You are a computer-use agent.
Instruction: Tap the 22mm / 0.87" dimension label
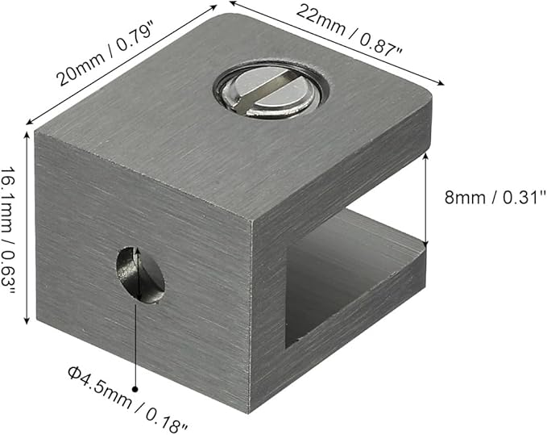349,30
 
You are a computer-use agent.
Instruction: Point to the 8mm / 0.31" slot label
495,198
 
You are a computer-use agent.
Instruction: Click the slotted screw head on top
271,90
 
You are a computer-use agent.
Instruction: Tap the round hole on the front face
140,274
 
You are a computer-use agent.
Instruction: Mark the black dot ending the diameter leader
135,389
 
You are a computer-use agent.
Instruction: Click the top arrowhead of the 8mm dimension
425,157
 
